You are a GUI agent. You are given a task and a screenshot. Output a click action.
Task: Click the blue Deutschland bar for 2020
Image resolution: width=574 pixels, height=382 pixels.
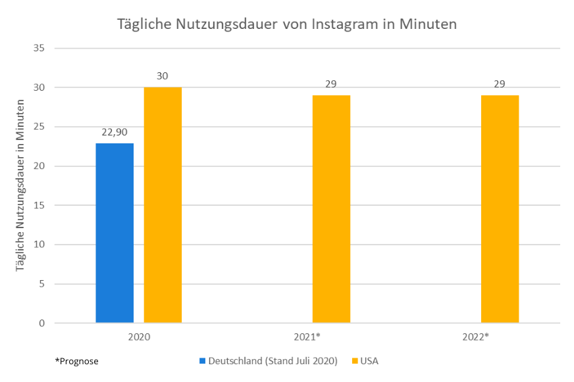pos(115,233)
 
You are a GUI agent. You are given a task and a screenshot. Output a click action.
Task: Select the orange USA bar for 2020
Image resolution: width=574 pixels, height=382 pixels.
pos(163,205)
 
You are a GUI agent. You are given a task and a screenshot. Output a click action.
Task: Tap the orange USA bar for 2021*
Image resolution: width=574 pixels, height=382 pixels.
pos(331,209)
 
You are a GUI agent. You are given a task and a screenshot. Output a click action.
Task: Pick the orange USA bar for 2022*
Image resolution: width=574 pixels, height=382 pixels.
pos(500,209)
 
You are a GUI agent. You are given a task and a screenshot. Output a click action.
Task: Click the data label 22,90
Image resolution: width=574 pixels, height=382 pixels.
pos(114,132)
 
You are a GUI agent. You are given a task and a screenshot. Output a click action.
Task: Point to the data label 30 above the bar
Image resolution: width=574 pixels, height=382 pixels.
pos(163,76)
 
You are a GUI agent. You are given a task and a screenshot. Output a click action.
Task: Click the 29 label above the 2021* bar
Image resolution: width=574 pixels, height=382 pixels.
pos(331,84)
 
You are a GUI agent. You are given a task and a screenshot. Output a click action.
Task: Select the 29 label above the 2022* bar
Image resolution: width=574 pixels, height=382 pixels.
pos(500,84)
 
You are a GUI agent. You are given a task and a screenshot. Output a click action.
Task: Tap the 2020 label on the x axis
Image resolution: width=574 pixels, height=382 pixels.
pos(139,337)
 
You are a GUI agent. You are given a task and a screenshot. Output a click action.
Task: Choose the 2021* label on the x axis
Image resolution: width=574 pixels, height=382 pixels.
pos(307,337)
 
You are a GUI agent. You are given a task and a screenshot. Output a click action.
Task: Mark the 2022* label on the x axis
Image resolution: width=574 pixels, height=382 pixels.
pos(476,337)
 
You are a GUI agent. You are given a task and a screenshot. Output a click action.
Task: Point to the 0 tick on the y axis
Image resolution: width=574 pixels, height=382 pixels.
pos(41,323)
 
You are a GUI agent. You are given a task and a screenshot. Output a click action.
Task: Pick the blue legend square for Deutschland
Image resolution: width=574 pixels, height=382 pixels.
pos(203,361)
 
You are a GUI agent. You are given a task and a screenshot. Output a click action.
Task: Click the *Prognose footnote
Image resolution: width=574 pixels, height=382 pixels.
pos(77,361)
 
